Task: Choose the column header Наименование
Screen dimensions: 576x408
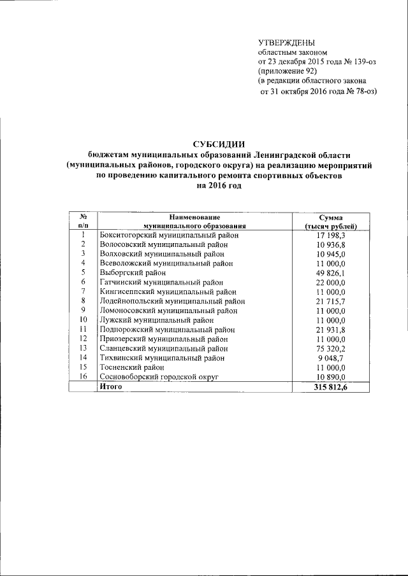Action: [194, 218]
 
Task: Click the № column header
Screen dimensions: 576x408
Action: [83, 218]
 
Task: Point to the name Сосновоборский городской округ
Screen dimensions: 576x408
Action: [159, 377]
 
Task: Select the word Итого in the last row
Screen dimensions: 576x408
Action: [110, 387]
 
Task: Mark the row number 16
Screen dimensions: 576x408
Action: [83, 377]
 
